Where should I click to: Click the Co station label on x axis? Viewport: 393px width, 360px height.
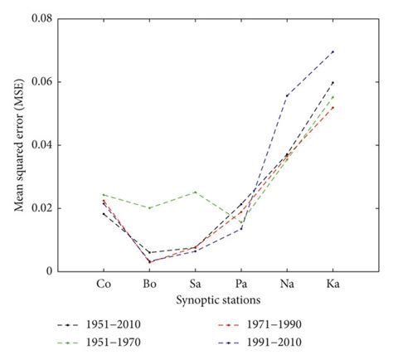coord(104,284)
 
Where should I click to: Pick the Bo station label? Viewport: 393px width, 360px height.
coord(149,284)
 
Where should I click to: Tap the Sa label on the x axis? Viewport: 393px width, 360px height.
coord(196,284)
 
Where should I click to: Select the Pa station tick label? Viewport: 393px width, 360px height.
coord(241,284)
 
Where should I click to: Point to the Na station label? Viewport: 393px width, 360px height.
coord(287,284)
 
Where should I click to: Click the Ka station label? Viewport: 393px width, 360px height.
coord(332,284)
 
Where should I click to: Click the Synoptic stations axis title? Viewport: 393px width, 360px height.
coord(218,299)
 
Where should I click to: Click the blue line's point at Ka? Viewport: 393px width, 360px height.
coord(332,51)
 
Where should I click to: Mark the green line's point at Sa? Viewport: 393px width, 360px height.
coord(196,192)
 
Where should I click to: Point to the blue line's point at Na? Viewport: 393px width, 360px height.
coord(287,95)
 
